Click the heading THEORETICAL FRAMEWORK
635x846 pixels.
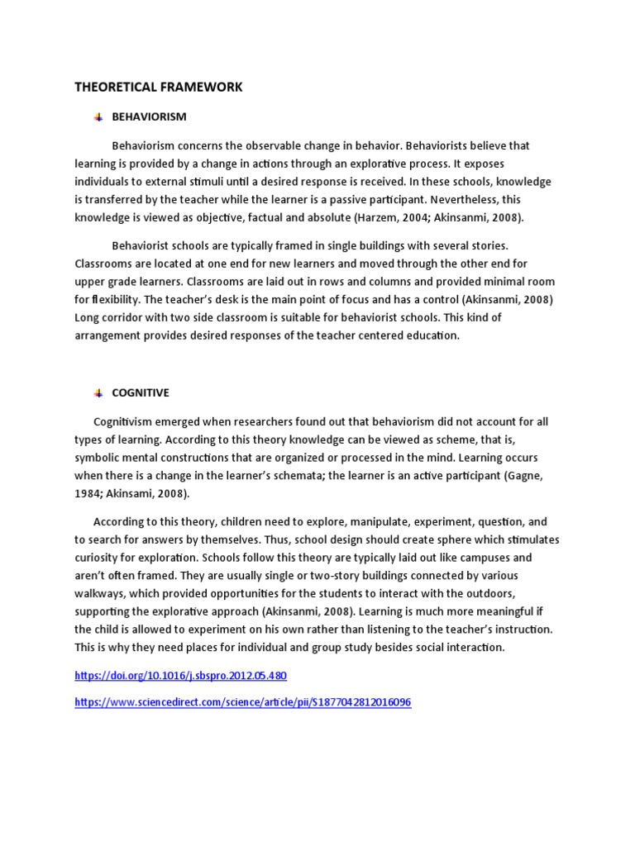159,87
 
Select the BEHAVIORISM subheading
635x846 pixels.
149,116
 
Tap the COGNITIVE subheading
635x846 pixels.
141,392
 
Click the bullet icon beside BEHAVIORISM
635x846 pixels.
98,116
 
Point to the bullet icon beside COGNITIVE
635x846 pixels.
98,392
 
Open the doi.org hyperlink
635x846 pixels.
180,675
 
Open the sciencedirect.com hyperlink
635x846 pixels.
242,702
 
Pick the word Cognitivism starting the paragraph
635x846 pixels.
125,421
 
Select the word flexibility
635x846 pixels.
120,299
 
